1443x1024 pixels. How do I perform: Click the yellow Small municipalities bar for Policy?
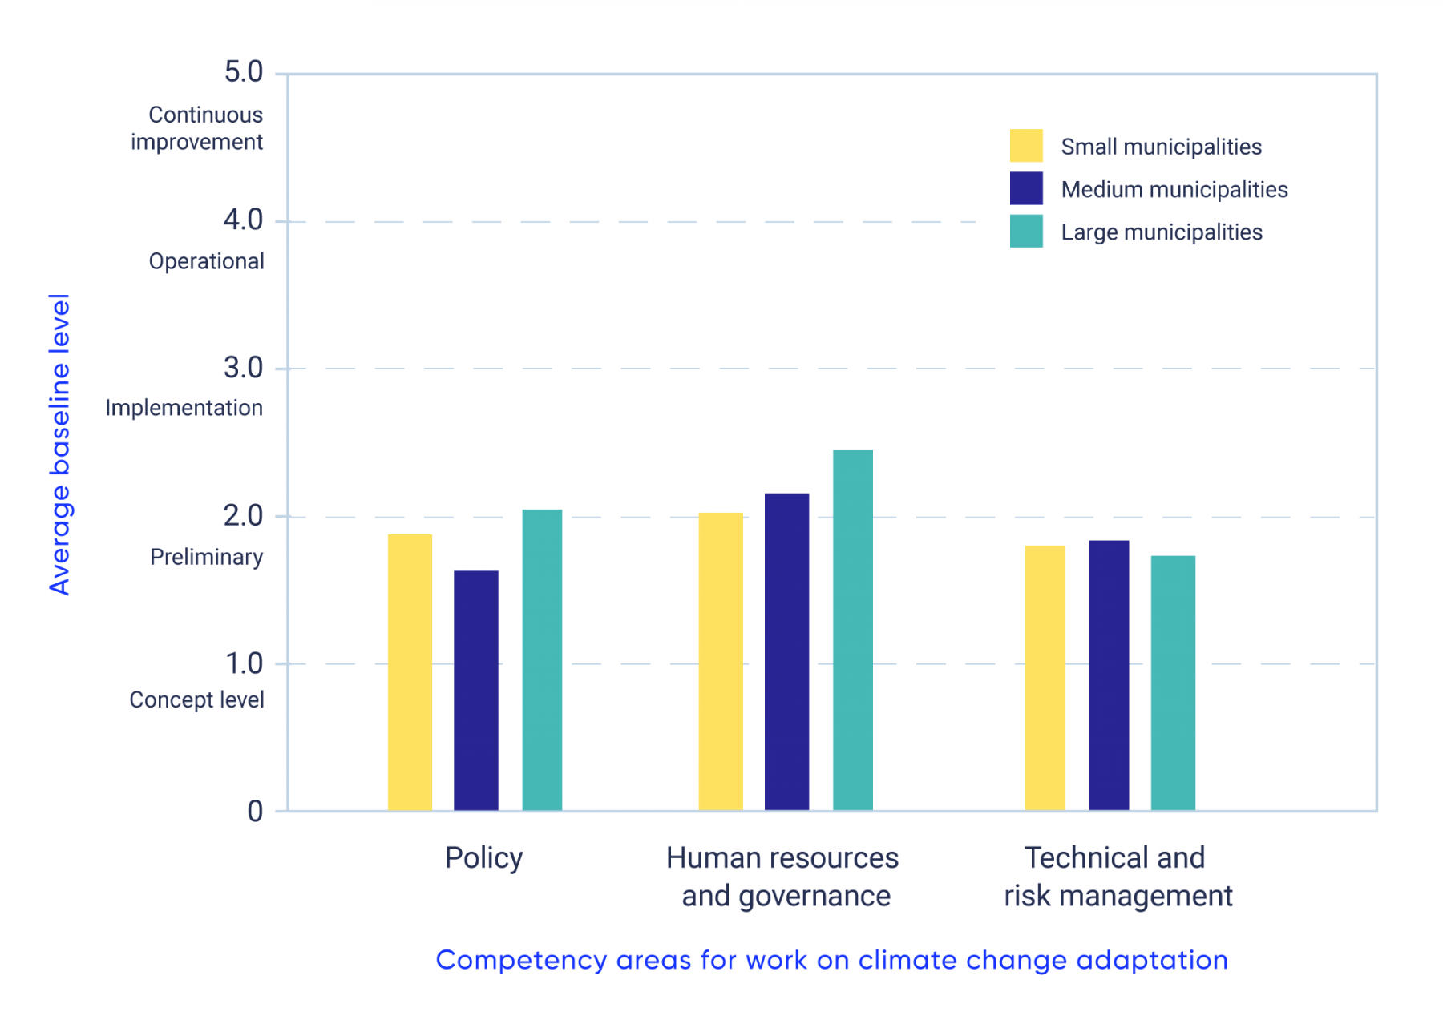click(410, 672)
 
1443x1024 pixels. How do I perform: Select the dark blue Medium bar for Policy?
click(475, 690)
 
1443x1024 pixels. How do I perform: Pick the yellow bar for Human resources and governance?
click(721, 661)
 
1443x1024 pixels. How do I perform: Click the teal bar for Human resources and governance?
click(852, 630)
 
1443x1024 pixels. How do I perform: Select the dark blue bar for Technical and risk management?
click(1109, 675)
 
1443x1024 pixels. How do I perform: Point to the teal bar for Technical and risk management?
click(1173, 683)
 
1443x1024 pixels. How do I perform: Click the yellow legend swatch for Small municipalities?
click(1026, 146)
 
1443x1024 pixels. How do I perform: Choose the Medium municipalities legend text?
click(1174, 190)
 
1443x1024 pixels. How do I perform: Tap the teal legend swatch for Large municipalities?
click(1026, 232)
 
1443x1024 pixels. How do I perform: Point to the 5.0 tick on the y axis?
click(244, 72)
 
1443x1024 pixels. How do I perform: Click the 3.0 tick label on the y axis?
click(244, 368)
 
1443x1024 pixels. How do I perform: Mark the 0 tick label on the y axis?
click(255, 811)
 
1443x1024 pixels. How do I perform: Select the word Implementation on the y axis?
click(184, 408)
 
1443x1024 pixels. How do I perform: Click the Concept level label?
click(196, 699)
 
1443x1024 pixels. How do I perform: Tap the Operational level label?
click(206, 261)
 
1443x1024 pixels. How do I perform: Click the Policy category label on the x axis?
click(483, 858)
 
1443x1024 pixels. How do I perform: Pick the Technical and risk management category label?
click(1118, 877)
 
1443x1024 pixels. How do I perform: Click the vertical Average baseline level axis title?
click(60, 445)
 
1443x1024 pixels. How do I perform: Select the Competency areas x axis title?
click(831, 960)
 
